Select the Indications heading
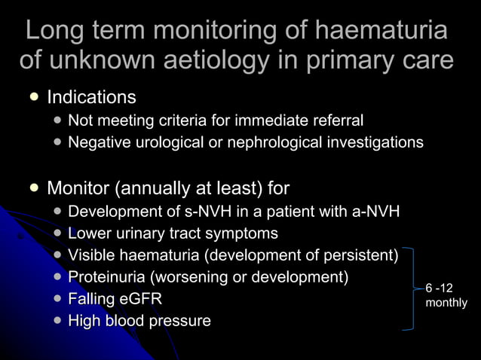91,97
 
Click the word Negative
100,142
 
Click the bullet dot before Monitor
34,187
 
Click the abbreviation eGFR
140,299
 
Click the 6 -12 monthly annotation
446,295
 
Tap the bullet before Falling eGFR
58,299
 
